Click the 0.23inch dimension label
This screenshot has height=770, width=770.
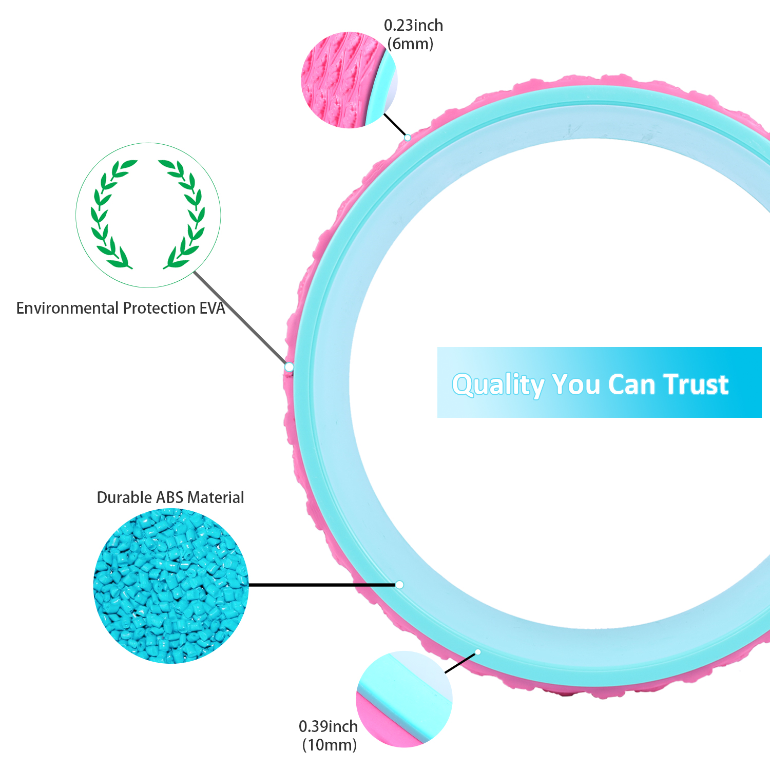[413, 25]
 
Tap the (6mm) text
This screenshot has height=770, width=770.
[410, 44]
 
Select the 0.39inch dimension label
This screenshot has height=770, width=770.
[328, 726]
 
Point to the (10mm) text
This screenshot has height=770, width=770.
[329, 745]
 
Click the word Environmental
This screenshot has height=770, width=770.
[68, 308]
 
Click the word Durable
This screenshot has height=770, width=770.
[124, 497]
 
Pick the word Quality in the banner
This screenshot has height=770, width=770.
[497, 384]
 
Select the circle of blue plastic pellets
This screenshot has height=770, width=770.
[171, 586]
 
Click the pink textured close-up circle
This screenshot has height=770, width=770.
[349, 80]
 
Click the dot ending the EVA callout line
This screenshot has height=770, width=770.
[289, 367]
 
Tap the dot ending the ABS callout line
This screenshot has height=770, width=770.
[399, 585]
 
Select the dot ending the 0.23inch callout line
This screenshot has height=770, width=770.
[407, 138]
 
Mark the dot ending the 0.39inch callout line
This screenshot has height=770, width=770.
[477, 652]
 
